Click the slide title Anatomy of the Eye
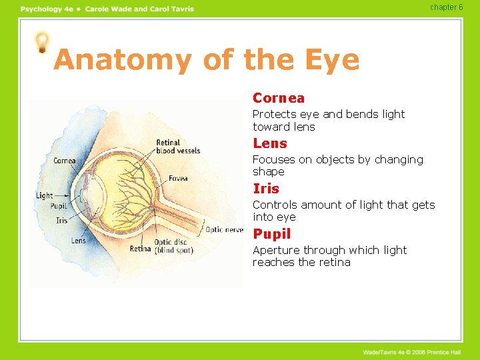pyautogui.click(x=206, y=60)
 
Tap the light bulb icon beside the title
pyautogui.click(x=43, y=43)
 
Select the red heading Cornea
pyautogui.click(x=279, y=98)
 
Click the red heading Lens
pyautogui.click(x=270, y=143)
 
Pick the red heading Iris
pyautogui.click(x=266, y=189)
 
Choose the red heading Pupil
pyautogui.click(x=272, y=234)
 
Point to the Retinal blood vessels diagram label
pyautogui.click(x=177, y=147)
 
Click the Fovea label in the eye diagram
pyautogui.click(x=178, y=178)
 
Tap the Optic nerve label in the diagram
pyautogui.click(x=224, y=230)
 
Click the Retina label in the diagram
pyautogui.click(x=140, y=249)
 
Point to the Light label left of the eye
pyautogui.click(x=44, y=195)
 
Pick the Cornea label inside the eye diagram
pyautogui.click(x=64, y=161)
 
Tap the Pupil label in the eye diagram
pyautogui.click(x=59, y=206)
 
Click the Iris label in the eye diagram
pyautogui.click(x=61, y=220)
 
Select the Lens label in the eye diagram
pyautogui.click(x=78, y=241)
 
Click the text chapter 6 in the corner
pyautogui.click(x=446, y=7)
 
